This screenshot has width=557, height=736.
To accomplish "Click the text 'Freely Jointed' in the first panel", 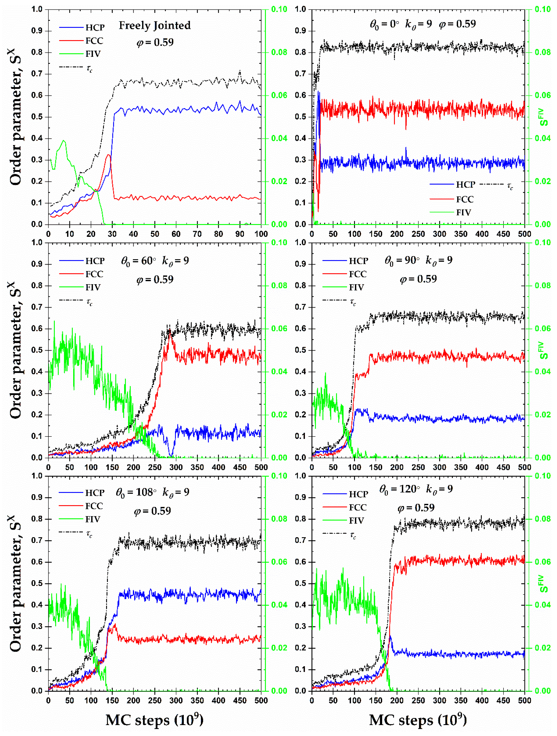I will point(155,26).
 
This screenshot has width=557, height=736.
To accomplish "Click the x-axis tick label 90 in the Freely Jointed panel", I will point(240,234).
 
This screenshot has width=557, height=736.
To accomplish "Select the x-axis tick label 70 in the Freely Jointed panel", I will point(197,234).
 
